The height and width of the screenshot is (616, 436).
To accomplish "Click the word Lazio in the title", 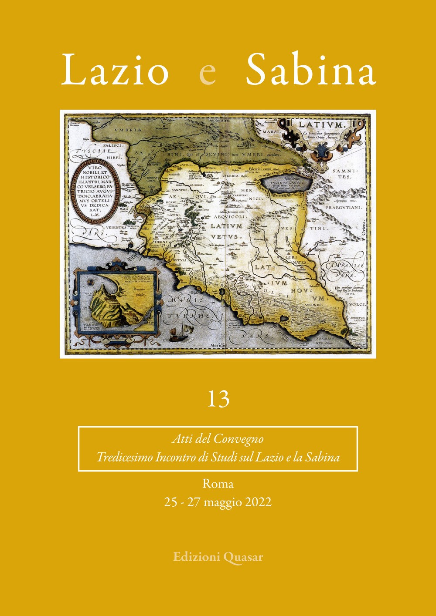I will tap(115, 70).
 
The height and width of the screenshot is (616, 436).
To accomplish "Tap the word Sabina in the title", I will tap(310, 70).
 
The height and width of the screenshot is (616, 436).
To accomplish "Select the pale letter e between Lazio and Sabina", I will tap(207, 74).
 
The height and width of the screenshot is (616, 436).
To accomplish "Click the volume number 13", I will tap(218, 399).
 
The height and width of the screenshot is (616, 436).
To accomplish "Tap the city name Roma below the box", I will tap(218, 483).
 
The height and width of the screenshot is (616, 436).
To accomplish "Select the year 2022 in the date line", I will tap(258, 502).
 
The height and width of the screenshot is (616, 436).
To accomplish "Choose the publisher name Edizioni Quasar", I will tap(218, 556).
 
